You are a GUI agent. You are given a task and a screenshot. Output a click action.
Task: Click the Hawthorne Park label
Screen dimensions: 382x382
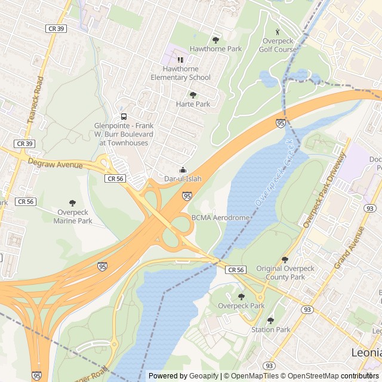[x=215, y=48]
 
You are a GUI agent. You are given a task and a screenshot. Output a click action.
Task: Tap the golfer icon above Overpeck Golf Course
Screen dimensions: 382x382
[x=277, y=32]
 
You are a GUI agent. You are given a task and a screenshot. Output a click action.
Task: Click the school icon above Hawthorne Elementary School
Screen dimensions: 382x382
[x=180, y=60]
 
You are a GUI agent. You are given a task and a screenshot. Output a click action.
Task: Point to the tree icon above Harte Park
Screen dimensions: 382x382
[x=193, y=94]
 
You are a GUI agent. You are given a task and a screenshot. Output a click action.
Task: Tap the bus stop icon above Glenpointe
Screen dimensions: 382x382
[x=124, y=116]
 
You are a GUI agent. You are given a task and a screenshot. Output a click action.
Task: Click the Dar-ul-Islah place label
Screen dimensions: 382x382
[x=183, y=178]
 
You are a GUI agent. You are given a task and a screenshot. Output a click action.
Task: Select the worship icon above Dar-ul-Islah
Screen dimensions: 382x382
[x=183, y=169]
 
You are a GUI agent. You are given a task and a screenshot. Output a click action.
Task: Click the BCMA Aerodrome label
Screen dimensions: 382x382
[x=220, y=218]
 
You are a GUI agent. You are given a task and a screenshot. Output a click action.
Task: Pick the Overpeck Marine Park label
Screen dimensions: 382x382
[x=73, y=216]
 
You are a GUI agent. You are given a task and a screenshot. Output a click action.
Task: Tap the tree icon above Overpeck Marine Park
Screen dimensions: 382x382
[x=73, y=203]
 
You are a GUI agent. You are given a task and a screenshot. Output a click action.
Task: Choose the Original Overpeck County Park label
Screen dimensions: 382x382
[x=285, y=273]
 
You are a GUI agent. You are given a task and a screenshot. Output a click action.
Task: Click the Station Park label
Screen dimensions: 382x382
[x=270, y=329]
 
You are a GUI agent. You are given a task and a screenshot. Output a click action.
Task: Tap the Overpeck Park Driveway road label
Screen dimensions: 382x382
[x=324, y=190]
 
